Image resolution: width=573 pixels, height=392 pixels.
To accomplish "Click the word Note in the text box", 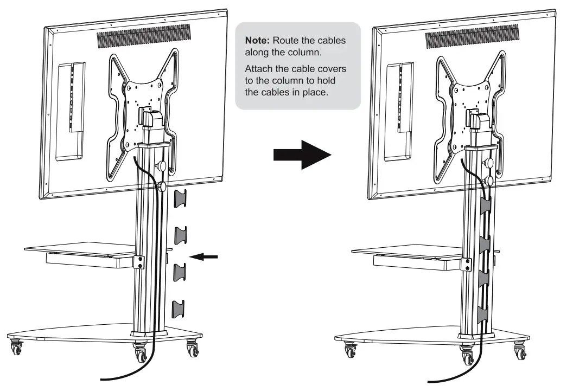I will [x=256, y=42].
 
